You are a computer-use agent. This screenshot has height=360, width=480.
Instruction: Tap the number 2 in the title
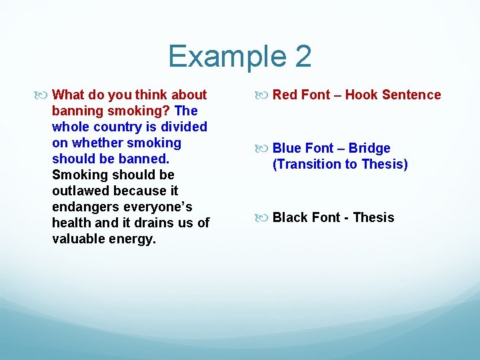tap(301, 56)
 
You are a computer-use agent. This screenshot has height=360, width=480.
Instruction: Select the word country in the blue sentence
tap(117, 127)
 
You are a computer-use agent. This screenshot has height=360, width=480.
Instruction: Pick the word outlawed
tap(79, 191)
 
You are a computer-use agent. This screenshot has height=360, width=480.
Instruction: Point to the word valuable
tap(77, 239)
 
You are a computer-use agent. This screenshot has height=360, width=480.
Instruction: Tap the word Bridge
tap(369, 148)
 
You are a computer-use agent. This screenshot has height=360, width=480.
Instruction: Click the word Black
tap(291, 217)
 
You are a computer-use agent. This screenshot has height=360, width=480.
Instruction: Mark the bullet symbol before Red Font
tap(264, 95)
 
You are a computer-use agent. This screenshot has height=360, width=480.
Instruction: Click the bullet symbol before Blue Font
tap(264, 149)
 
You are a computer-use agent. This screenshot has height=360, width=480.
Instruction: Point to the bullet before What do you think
tap(43, 95)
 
